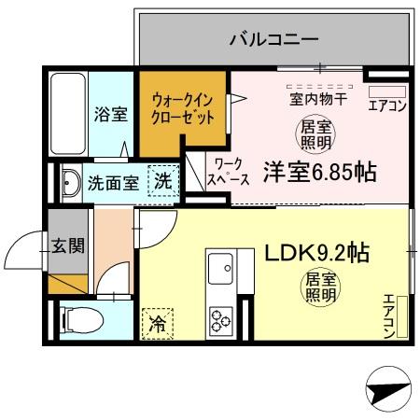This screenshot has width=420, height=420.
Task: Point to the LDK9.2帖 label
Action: point(317,252)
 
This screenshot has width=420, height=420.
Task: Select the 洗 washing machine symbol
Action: point(162,182)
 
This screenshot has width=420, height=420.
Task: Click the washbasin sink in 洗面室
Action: point(70,182)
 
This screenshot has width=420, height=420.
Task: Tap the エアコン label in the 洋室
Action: point(386,105)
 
